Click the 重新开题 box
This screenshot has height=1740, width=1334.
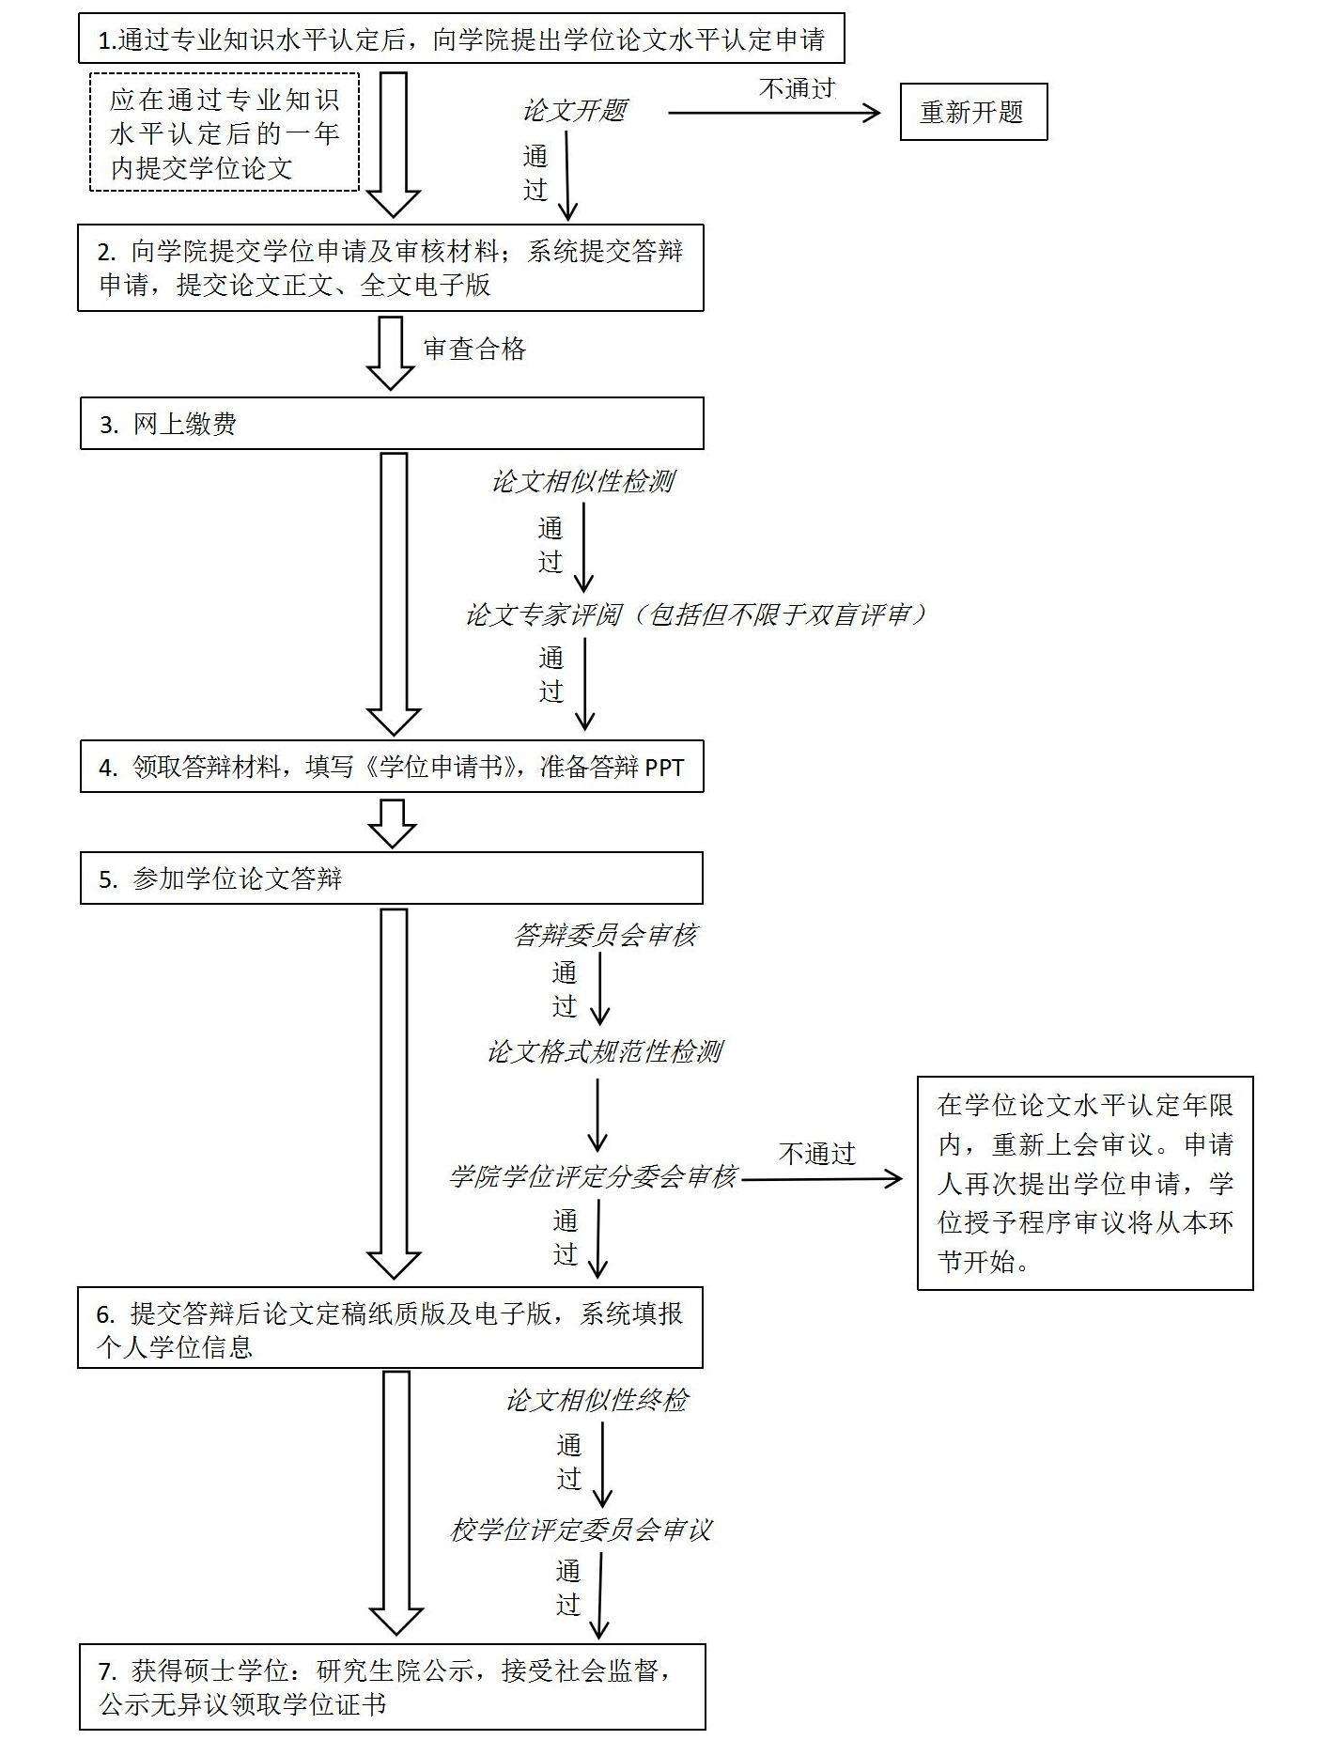[x=973, y=113]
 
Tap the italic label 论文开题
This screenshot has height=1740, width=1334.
[x=575, y=111]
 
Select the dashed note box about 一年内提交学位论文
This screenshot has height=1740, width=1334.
[x=225, y=132]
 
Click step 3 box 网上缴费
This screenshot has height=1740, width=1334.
[x=391, y=424]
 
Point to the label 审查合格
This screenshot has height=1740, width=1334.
[x=474, y=350]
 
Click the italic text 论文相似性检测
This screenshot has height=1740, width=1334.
[x=583, y=482]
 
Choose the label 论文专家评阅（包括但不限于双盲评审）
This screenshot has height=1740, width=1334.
[x=696, y=614]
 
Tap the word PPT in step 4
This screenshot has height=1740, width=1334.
[x=664, y=768]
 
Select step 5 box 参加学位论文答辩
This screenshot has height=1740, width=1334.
[x=391, y=878]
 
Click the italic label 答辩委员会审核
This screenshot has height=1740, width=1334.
[x=606, y=935]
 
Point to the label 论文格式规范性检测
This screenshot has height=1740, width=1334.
[x=604, y=1051]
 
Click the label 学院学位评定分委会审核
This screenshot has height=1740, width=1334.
[x=593, y=1176]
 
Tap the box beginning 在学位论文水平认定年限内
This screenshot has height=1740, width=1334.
[x=1085, y=1183]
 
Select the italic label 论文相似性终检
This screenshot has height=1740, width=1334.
[x=597, y=1400]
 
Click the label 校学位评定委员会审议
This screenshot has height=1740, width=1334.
[x=581, y=1530]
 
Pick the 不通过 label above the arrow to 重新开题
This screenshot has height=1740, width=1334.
[x=797, y=88]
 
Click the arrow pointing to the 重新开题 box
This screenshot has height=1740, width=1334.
[x=775, y=113]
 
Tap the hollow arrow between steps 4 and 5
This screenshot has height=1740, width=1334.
[x=392, y=823]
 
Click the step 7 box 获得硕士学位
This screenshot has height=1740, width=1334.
[x=392, y=1686]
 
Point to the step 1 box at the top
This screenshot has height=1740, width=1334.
[x=461, y=39]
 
